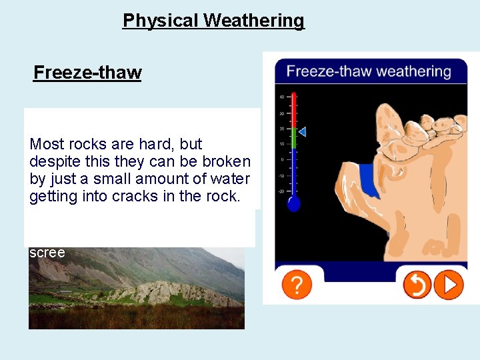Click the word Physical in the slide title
161,21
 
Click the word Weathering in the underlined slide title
253,21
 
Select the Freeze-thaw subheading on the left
87,72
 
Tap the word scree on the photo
47,253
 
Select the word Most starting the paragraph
46,144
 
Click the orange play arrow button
449,285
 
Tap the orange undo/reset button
417,285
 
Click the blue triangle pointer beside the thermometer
302,132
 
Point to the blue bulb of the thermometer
294,204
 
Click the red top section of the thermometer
294,107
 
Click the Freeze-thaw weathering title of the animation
368,71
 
